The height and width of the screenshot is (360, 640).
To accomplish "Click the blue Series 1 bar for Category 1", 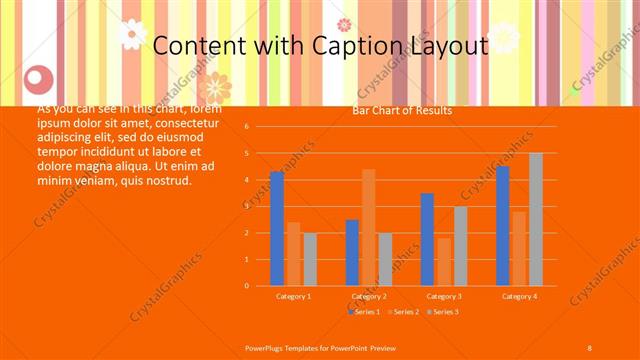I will click(x=276, y=229).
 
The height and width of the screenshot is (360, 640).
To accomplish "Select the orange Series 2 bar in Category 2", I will click(x=369, y=228).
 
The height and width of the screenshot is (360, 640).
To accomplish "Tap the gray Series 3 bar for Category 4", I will click(x=536, y=220).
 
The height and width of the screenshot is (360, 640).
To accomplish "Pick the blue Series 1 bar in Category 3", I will click(x=427, y=240).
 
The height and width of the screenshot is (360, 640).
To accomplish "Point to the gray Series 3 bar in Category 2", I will click(x=385, y=259).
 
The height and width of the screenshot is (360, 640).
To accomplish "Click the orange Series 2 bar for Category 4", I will click(x=519, y=249).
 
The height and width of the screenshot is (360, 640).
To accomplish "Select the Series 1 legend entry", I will click(x=366, y=312).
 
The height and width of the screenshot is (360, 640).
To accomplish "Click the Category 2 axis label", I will click(x=369, y=296).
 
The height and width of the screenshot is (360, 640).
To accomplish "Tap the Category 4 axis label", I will click(x=519, y=296).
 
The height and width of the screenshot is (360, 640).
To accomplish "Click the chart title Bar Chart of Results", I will click(x=402, y=111).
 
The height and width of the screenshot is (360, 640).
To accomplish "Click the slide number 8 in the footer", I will click(x=589, y=347).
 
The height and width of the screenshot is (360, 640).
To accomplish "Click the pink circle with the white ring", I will click(x=38, y=77).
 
